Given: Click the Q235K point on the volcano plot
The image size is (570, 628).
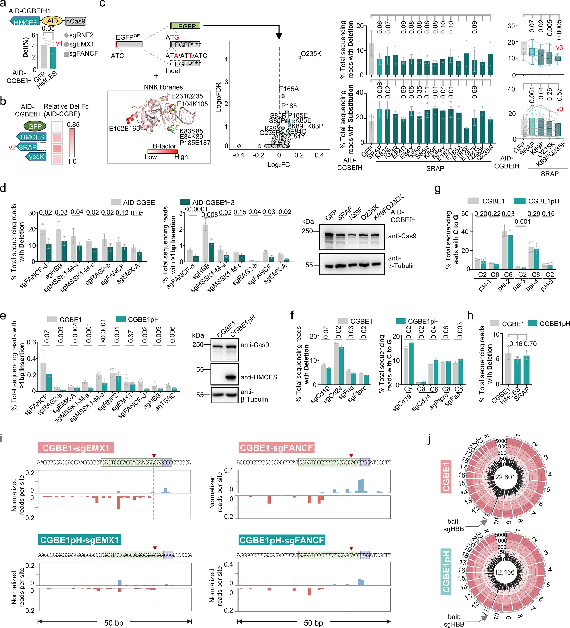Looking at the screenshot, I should pyautogui.click(x=299, y=57).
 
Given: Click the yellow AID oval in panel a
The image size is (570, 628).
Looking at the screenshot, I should pyautogui.click(x=52, y=21).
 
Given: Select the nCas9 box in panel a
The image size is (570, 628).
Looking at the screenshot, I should pyautogui.click(x=75, y=21).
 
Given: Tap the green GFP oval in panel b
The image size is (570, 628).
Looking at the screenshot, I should pyautogui.click(x=35, y=126).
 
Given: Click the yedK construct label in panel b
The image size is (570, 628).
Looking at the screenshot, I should pyautogui.click(x=36, y=157).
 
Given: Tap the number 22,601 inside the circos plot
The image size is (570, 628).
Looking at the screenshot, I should pyautogui.click(x=505, y=477).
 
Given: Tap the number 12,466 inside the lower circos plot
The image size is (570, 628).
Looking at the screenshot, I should pyautogui.click(x=504, y=572).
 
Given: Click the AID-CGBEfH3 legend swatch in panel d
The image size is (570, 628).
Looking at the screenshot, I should pyautogui.click(x=185, y=202).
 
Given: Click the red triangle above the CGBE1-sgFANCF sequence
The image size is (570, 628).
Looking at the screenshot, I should pyautogui.click(x=351, y=455).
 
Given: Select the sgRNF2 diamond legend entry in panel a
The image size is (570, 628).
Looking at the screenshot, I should pyautogui.click(x=66, y=35).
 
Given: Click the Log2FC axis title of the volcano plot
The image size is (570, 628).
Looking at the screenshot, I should pyautogui.click(x=279, y=164).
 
